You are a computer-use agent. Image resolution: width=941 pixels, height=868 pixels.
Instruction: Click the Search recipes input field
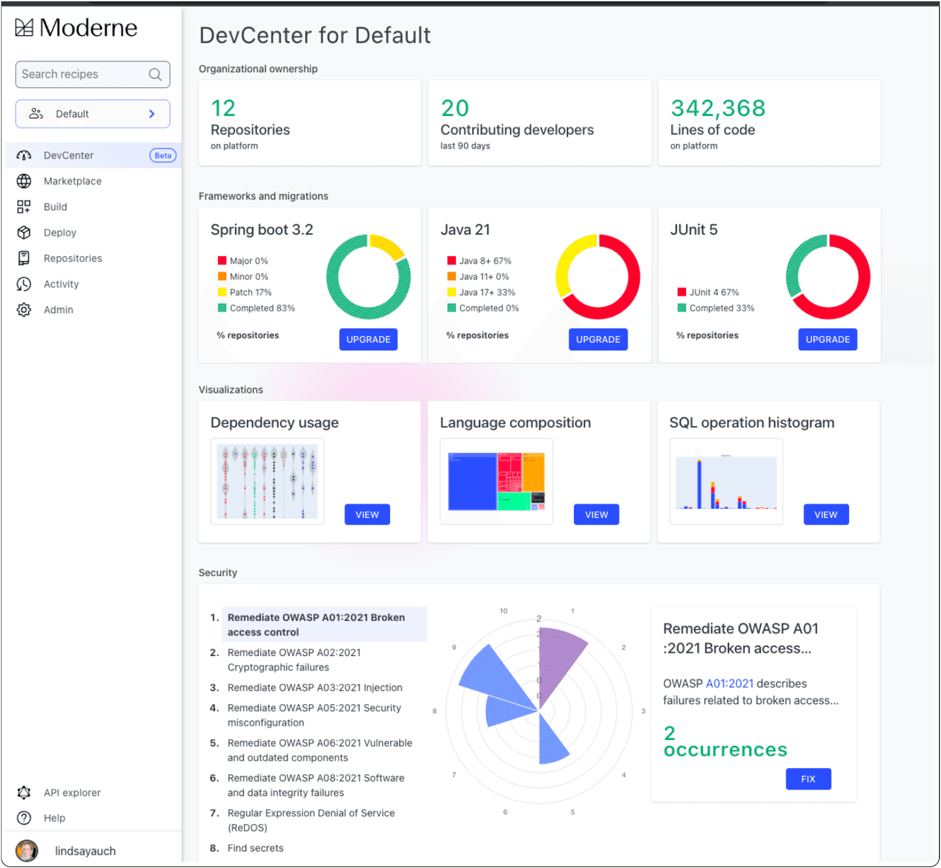click(85, 74)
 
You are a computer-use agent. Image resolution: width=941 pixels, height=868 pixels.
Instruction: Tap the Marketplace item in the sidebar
click(72, 181)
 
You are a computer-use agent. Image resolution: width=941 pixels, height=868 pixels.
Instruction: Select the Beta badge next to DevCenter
click(163, 156)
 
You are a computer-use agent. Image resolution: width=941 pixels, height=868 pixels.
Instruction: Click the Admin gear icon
click(23, 310)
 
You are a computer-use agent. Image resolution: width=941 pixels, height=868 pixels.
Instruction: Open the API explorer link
click(72, 793)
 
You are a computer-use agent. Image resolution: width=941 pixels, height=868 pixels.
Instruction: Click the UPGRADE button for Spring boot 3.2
click(368, 340)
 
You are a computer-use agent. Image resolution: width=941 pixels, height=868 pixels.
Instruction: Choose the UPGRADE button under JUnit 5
click(827, 340)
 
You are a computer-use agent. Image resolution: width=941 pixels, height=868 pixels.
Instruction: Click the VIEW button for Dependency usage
click(367, 515)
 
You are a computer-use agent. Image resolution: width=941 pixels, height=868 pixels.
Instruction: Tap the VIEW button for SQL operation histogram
click(826, 515)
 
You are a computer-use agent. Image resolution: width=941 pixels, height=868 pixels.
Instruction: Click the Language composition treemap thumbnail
click(496, 482)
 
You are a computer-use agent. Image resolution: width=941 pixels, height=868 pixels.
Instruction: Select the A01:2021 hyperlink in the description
click(729, 684)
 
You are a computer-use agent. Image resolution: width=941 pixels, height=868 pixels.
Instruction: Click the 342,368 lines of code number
click(718, 108)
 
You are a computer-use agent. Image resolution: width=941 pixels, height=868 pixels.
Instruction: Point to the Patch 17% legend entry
click(250, 293)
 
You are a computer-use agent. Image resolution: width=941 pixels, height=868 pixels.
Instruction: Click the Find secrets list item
click(256, 848)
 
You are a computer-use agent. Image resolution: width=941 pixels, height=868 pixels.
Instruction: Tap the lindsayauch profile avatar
click(27, 851)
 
